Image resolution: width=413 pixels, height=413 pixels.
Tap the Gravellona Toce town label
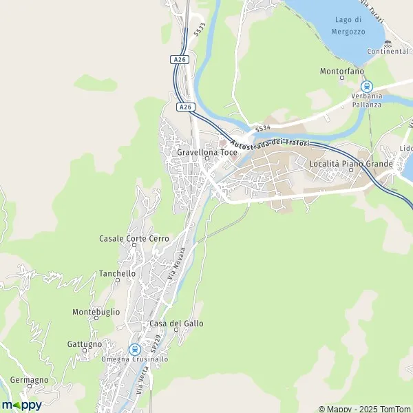coord(207,151)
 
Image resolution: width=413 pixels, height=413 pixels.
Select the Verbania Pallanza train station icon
coord(366,87)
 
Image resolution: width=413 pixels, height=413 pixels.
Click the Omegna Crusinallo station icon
coord(134,349)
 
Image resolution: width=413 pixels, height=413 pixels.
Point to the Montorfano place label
coord(341,71)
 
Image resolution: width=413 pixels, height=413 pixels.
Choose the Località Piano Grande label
coord(351,164)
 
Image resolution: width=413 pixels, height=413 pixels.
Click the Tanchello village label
coord(117,273)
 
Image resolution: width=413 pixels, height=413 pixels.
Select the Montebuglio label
coord(96,312)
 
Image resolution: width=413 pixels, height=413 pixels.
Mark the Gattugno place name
coord(85,343)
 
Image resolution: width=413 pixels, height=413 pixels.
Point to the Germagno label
coord(30,380)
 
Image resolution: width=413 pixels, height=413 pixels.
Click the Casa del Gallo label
coord(176,324)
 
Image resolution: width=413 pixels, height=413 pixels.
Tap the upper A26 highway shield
coord(180,60)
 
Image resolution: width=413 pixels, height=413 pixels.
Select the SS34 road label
coord(262,128)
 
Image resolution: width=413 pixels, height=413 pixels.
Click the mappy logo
coord(21,405)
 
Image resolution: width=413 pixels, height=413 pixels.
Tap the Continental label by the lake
coord(388,52)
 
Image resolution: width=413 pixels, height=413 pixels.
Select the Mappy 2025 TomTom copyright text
coord(363,408)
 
